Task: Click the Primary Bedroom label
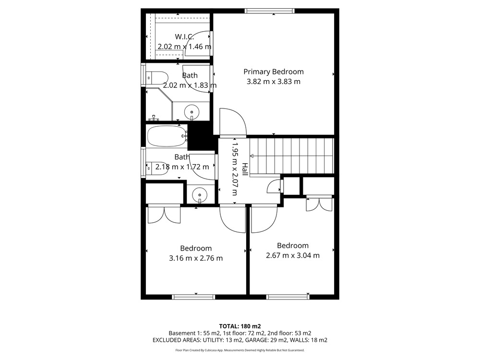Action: [274, 72]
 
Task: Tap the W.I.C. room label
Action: [184, 37]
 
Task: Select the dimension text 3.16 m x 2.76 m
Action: [196, 258]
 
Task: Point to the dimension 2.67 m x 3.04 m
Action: [293, 255]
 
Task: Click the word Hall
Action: [245, 169]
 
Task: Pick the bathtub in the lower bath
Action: [167, 136]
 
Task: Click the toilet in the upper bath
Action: [157, 78]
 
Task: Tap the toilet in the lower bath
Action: [157, 168]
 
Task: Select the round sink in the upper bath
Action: [192, 112]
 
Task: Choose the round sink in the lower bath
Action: [200, 195]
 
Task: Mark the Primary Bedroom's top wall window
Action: [270, 11]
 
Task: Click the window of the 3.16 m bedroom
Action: [193, 297]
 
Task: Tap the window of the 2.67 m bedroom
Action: [288, 297]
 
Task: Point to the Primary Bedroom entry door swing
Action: [233, 122]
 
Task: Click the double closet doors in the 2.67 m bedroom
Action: [319, 204]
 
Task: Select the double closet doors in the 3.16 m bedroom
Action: [164, 215]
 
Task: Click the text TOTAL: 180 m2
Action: [240, 326]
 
